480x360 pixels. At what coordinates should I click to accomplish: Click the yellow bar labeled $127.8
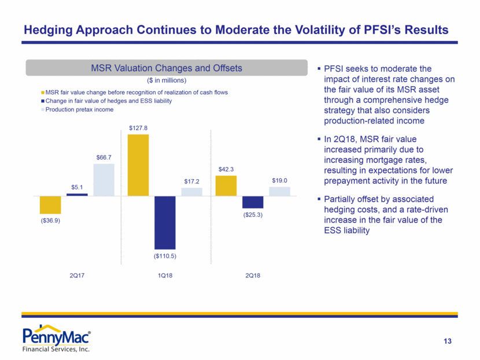(x=138, y=165)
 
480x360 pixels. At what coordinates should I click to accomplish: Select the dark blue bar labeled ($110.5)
(x=165, y=222)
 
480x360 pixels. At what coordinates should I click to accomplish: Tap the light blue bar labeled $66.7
(x=104, y=180)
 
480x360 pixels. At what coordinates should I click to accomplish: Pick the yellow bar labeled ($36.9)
(x=50, y=205)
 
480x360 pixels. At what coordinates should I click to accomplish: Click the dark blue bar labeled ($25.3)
(x=253, y=202)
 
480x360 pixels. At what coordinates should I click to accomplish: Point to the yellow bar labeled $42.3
(x=226, y=185)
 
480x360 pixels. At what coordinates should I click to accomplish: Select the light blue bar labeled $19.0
(x=279, y=191)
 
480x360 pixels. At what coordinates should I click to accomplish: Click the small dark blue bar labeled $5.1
(x=77, y=195)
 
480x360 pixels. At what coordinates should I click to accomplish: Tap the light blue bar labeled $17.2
(x=191, y=192)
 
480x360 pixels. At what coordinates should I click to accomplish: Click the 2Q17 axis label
(x=76, y=274)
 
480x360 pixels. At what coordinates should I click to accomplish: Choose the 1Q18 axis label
(x=165, y=274)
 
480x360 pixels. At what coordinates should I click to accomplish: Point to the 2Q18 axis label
(x=253, y=274)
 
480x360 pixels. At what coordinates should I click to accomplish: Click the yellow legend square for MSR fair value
(x=42, y=92)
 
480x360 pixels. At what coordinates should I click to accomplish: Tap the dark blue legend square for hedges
(x=42, y=101)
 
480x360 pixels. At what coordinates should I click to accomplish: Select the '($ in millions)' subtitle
(x=166, y=80)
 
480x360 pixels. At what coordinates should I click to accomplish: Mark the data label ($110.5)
(x=165, y=255)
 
